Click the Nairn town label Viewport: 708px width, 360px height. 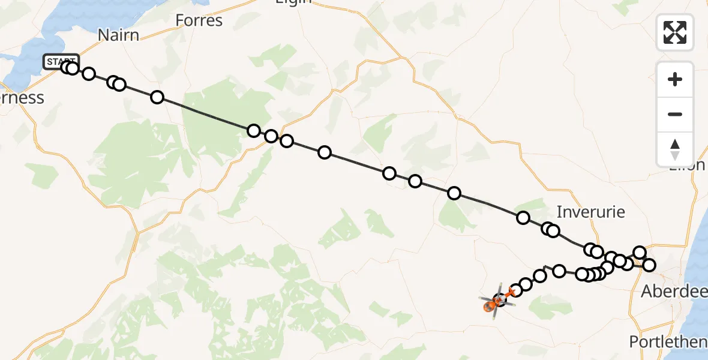[118, 35]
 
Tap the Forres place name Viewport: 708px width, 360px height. [199, 21]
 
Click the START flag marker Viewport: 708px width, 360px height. [61, 61]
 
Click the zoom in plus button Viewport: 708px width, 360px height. [675, 79]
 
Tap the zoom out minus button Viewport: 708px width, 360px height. [675, 114]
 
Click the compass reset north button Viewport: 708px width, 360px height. [675, 149]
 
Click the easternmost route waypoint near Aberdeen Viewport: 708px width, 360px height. [649, 265]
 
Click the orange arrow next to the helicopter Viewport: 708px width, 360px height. [511, 293]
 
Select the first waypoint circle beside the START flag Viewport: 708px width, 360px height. [67, 67]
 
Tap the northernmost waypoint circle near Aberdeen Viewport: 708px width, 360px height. [640, 253]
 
